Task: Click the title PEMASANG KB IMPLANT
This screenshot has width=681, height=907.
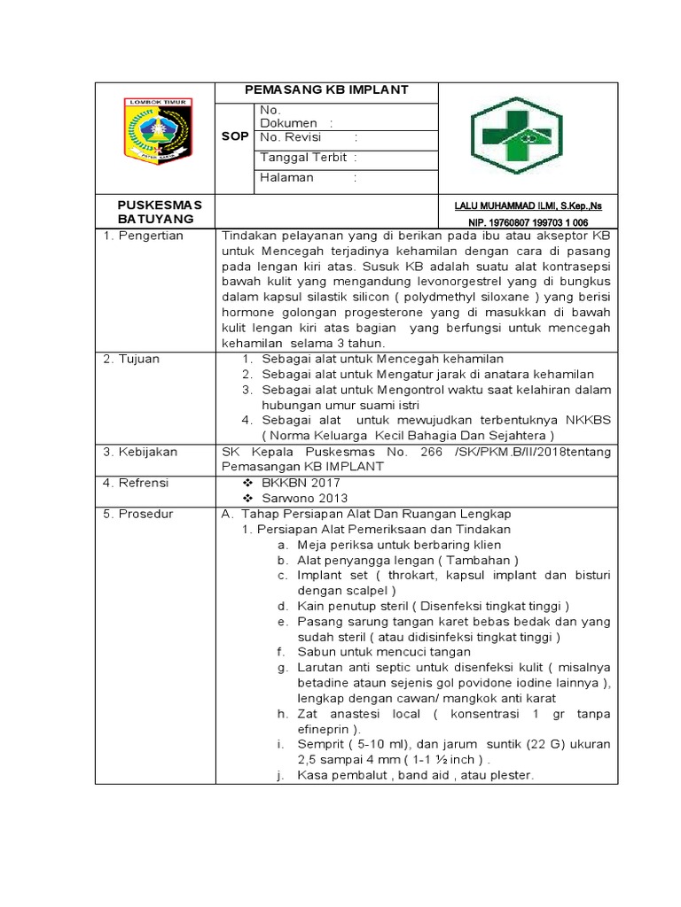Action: point(326,90)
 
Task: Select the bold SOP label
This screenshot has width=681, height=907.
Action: point(235,137)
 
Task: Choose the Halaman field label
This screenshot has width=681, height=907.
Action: point(287,177)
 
